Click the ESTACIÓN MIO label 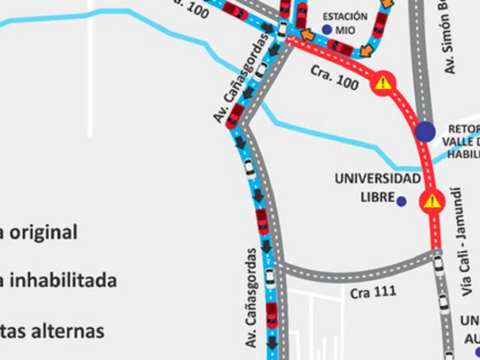[x=345, y=23]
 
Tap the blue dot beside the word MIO [x=327, y=30]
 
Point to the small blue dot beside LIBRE [x=402, y=202]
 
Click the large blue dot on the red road [x=425, y=132]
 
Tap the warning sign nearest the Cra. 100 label [x=383, y=83]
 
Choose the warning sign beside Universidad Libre [x=432, y=201]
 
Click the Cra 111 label [x=373, y=292]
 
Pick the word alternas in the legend [x=68, y=331]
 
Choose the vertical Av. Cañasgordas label [x=252, y=298]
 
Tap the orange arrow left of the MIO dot [x=308, y=35]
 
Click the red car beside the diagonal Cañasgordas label [x=235, y=116]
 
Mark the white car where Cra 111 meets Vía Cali [x=439, y=264]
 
